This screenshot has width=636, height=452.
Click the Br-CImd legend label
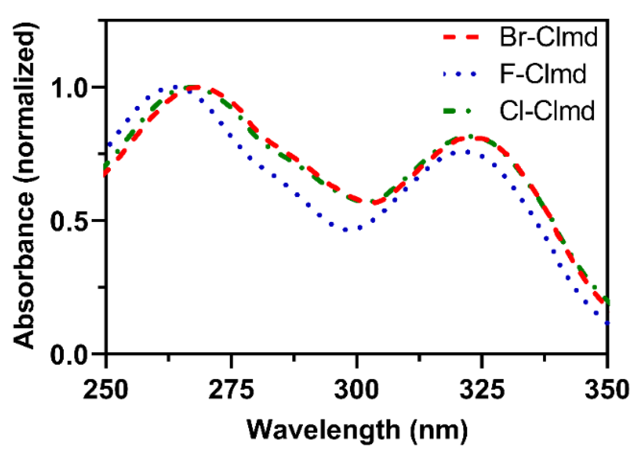548,37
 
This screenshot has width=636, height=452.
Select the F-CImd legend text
543,74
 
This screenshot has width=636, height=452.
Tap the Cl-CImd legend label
547,111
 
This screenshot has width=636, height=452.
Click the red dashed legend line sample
461,37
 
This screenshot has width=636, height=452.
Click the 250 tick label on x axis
105,390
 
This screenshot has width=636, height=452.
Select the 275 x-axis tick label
231,390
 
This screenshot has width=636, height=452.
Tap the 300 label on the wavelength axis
356,390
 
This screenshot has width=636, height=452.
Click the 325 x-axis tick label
482,390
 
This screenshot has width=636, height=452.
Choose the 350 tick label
606,390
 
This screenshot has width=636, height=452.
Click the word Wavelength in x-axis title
323,430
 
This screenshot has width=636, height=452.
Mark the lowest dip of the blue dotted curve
346,230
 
